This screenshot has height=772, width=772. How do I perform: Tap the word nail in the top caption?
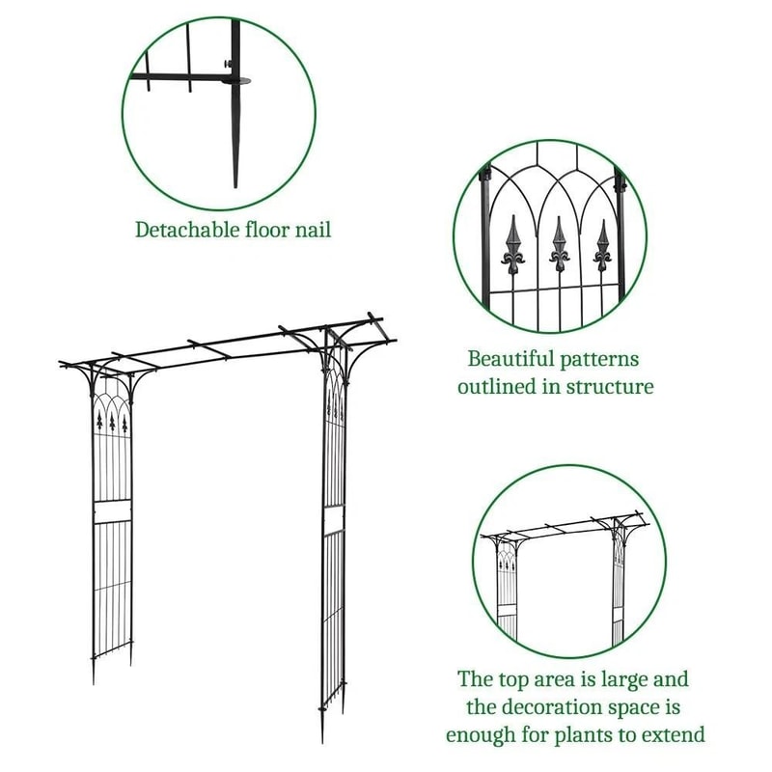tap(311, 231)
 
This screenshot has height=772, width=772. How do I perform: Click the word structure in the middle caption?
tap(608, 387)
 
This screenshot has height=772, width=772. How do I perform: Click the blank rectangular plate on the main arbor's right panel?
tap(334, 521)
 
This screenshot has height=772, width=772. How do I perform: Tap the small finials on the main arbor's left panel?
tap(112, 421)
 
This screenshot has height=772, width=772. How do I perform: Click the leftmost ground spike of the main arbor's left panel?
tap(94, 673)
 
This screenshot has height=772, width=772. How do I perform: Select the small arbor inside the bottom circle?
tap(565, 579)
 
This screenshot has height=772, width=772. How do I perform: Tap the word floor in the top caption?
tap(262, 231)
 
